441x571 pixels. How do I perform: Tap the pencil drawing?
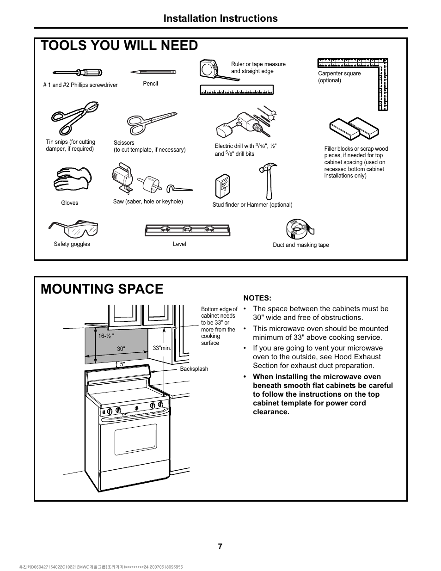click(153, 72)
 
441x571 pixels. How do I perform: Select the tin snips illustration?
click(74, 117)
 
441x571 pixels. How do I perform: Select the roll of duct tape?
click(299, 228)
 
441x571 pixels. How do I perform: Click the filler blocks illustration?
click(354, 128)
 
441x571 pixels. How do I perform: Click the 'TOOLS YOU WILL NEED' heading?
click(119, 45)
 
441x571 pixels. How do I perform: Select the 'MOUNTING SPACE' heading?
click(102, 289)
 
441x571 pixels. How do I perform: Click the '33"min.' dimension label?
click(162, 348)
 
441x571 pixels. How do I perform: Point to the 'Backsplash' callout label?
click(194, 369)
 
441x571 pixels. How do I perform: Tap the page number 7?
click(220, 546)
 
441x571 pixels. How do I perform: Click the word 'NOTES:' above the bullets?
click(257, 298)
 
